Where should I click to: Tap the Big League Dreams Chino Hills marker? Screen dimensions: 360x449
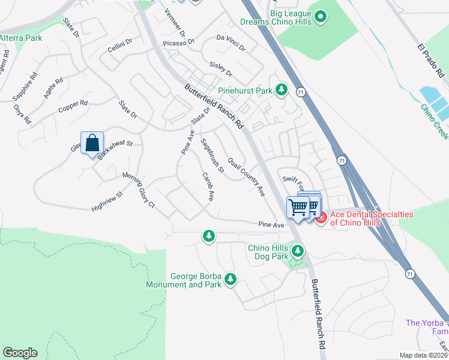coord(321,17)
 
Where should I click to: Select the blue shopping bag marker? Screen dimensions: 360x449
coord(92,144)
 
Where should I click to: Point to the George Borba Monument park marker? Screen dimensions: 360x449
coord(229,279)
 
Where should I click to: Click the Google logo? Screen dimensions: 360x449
coord(20,353)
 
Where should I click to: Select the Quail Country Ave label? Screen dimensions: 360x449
coord(246,176)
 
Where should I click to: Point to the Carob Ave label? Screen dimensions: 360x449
coord(208,187)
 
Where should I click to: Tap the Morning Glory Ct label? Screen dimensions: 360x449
coord(139,190)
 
